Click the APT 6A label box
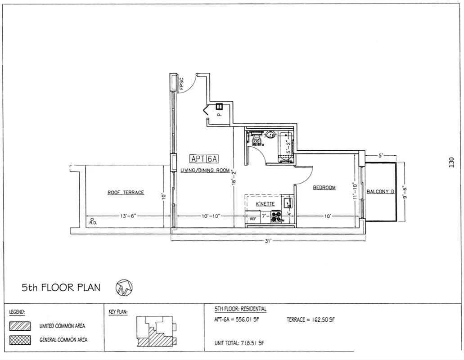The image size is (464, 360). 205,159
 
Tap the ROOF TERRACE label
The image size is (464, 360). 126,193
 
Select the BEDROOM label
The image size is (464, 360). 324,188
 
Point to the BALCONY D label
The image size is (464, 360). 380,192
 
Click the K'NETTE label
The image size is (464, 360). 265,204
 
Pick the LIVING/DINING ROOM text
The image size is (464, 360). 205,170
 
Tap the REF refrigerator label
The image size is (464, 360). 253,218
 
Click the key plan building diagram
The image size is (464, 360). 155,331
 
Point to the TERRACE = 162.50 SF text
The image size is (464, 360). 311,320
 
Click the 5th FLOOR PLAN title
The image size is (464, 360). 61,287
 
